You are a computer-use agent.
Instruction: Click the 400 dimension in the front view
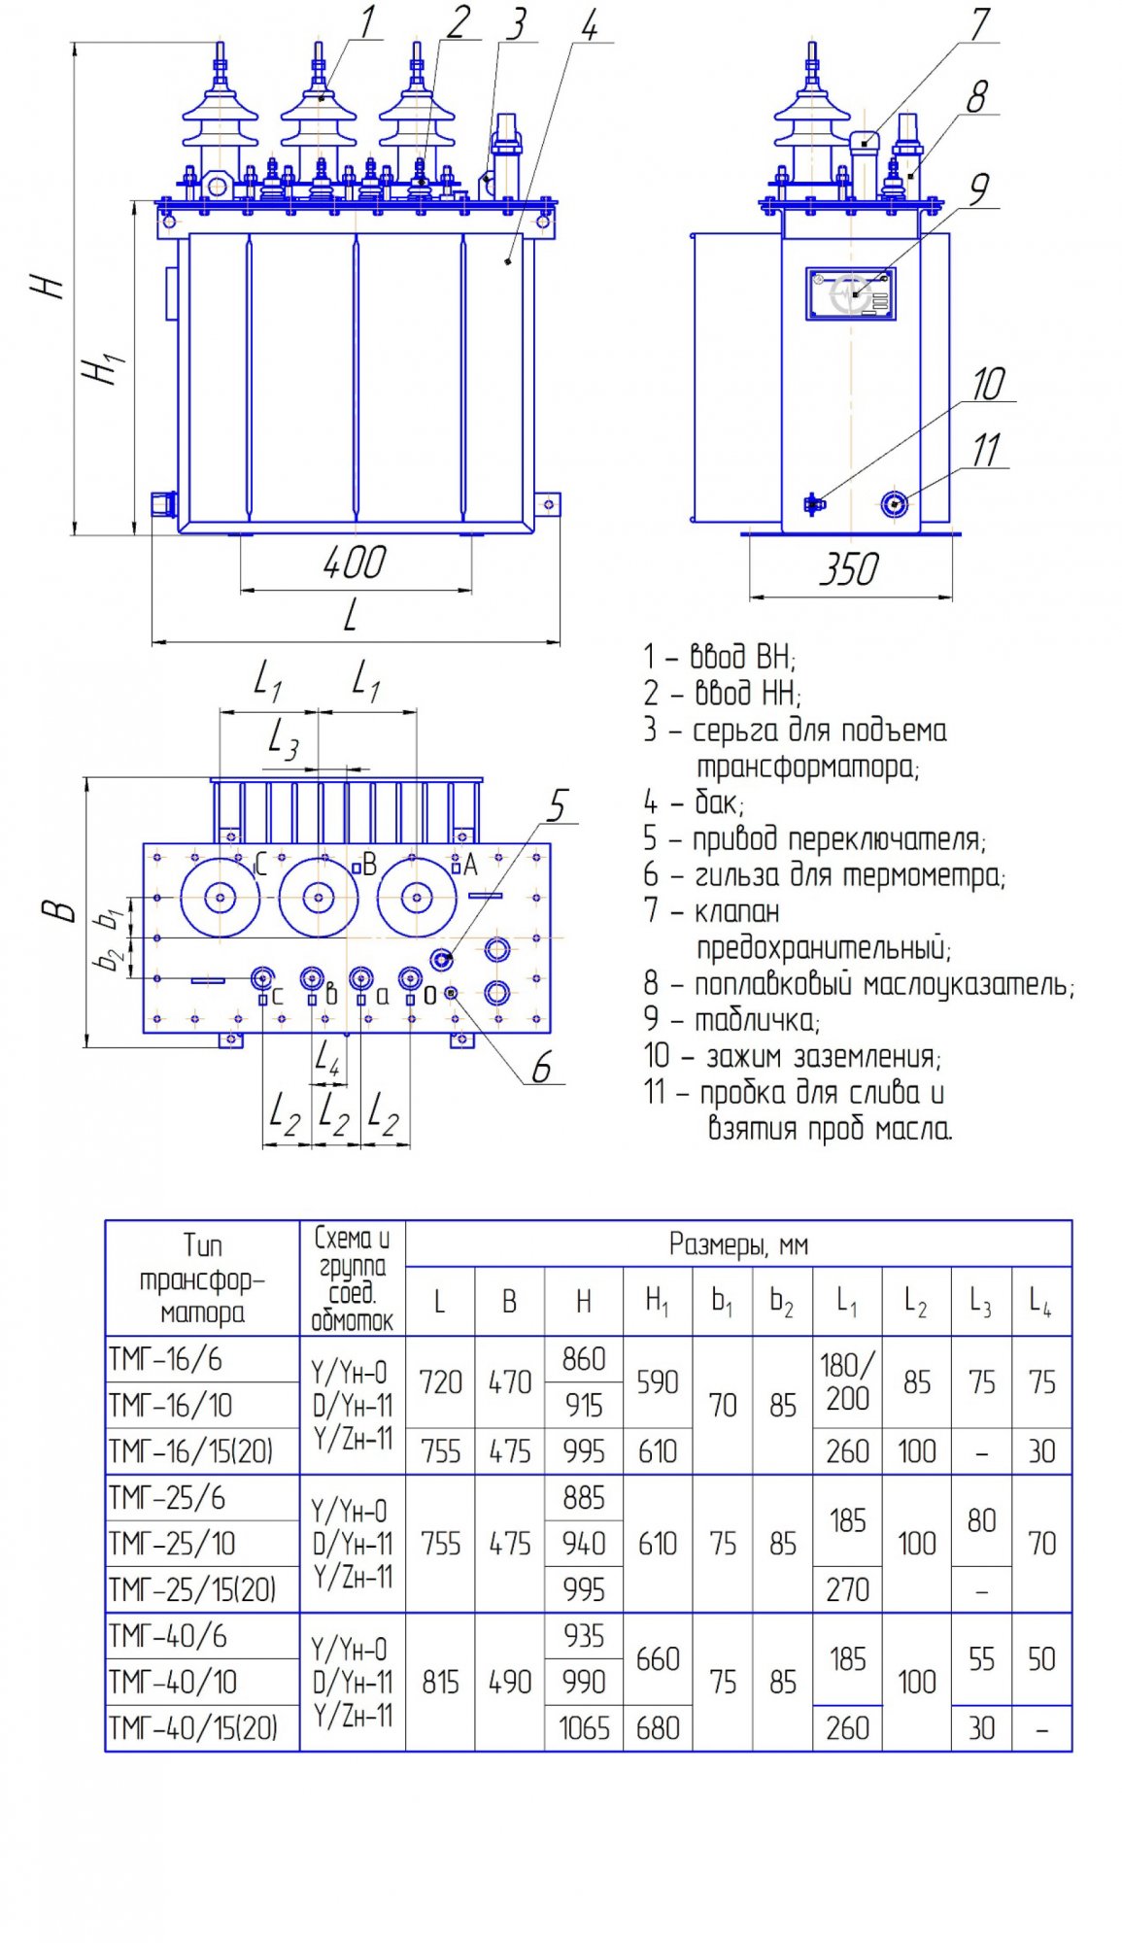coord(355,563)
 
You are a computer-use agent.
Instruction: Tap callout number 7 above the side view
coord(980,25)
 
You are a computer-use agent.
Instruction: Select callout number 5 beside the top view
coord(558,805)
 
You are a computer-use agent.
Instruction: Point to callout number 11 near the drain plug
coord(986,451)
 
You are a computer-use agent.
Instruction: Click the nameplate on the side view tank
coord(851,293)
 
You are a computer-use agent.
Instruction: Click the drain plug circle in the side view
coord(894,503)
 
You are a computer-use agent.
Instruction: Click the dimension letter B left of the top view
coord(59,910)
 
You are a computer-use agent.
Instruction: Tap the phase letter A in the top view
coord(471,865)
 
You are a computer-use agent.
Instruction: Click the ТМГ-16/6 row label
coord(166,1359)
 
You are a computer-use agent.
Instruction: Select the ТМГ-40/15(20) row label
coord(193,1728)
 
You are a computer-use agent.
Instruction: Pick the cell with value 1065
coord(584,1728)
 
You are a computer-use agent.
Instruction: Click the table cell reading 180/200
coord(847,1381)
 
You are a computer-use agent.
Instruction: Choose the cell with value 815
coord(440,1682)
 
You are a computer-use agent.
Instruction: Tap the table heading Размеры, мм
coord(738,1244)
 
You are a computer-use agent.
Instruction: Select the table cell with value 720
coord(440,1381)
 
